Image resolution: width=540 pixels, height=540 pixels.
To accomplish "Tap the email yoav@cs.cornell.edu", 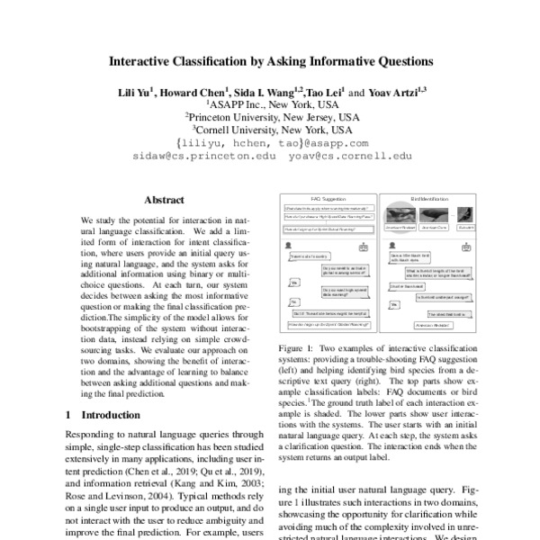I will coord(338,156).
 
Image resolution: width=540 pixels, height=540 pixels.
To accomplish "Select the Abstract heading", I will coord(164,201).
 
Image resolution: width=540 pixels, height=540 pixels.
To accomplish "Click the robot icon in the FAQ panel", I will coord(362,246).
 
